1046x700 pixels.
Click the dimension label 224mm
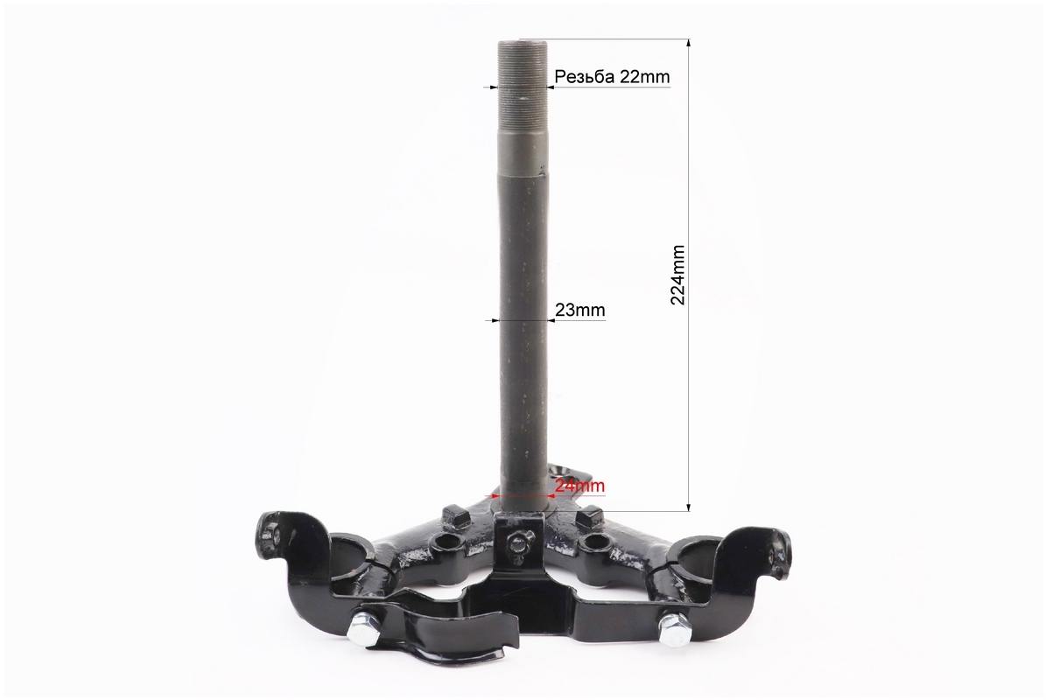click(x=677, y=275)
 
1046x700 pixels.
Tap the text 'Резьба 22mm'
click(x=612, y=77)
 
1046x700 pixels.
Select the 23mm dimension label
click(x=580, y=310)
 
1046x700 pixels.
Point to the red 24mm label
click(x=579, y=486)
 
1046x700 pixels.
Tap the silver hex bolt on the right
click(x=675, y=628)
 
